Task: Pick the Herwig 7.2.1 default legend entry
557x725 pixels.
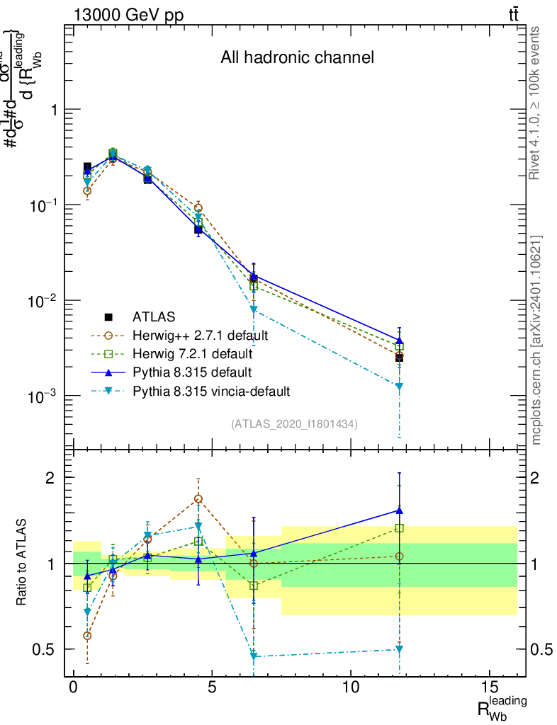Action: tap(191, 353)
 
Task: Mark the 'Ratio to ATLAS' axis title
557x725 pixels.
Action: tap(23, 564)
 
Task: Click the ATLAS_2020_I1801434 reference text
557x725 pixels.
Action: tap(294, 424)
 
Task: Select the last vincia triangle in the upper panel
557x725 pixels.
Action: tap(400, 387)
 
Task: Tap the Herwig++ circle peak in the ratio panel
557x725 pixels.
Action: tap(198, 499)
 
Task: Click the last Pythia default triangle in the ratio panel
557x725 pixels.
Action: tap(400, 510)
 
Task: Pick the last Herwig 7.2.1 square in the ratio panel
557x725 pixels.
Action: tap(400, 528)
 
